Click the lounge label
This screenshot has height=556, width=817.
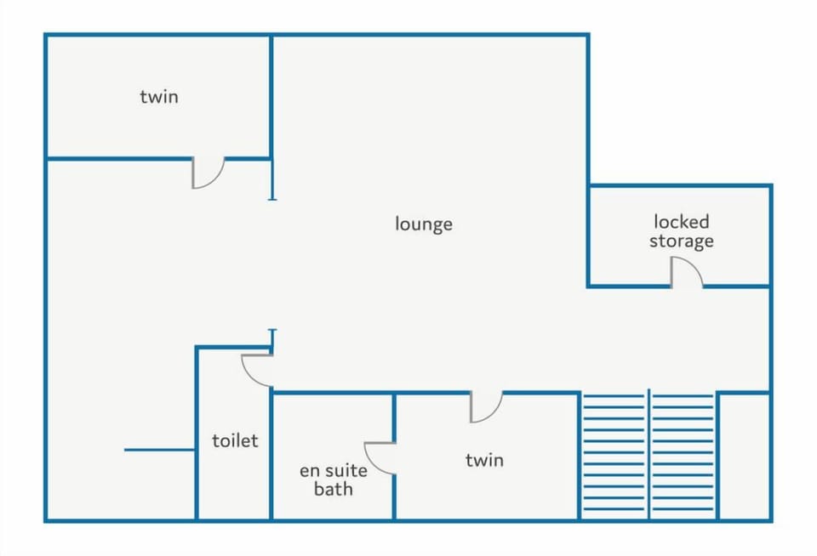tap(424, 224)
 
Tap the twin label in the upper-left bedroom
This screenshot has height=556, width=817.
tap(159, 97)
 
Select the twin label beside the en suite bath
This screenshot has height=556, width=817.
tap(484, 460)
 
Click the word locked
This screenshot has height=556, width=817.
tap(681, 222)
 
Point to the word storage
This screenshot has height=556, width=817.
tap(681, 241)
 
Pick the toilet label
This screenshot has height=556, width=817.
tap(234, 441)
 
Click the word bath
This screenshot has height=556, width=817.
tap(334, 489)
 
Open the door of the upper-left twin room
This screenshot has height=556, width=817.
tap(208, 172)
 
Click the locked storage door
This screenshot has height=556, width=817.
tap(686, 274)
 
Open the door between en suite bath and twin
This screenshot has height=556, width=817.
tap(380, 457)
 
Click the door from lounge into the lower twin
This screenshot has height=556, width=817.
tap(486, 406)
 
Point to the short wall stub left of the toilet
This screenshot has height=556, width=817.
tap(160, 450)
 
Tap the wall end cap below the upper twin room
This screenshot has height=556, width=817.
tap(272, 197)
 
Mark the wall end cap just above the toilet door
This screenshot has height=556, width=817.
tap(272, 331)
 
